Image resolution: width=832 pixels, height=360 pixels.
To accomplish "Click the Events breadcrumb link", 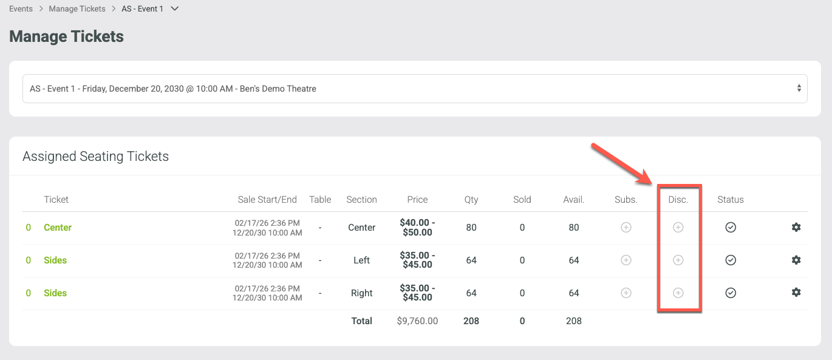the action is (x=21, y=9).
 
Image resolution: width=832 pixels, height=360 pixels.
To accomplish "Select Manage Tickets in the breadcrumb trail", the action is (x=77, y=9).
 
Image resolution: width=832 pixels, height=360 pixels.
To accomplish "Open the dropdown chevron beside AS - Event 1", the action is (x=174, y=8).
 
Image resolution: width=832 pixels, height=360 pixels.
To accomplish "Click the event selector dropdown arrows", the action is (x=799, y=88).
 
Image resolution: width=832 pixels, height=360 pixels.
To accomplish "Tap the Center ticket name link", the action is (x=58, y=228).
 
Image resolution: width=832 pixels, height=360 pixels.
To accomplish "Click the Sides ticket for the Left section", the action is (x=55, y=260).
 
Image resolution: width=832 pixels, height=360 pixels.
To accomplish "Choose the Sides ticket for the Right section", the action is (x=55, y=293).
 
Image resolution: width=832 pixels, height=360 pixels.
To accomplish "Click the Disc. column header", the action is (x=678, y=200).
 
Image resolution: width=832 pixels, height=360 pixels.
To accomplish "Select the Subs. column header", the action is (x=626, y=200).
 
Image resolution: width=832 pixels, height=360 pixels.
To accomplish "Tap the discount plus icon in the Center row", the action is (x=678, y=228).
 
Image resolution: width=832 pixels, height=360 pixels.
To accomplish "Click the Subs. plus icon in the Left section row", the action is (x=626, y=260).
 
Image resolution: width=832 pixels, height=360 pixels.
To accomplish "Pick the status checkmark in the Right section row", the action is (x=731, y=293).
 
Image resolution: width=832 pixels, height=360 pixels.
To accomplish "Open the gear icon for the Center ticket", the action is (x=796, y=227).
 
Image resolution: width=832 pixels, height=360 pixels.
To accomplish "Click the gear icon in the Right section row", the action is (x=796, y=293).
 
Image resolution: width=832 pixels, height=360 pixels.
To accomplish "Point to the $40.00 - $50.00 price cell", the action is (x=417, y=228).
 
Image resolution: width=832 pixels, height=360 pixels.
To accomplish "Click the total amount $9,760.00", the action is (x=417, y=321).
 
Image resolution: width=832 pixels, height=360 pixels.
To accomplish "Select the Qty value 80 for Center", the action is (x=471, y=228).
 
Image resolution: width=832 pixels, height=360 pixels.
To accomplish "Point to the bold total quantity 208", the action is (x=471, y=321).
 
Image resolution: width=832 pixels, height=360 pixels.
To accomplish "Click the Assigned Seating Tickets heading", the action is (x=96, y=156).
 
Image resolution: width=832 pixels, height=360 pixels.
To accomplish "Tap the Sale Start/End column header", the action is (x=267, y=200).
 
